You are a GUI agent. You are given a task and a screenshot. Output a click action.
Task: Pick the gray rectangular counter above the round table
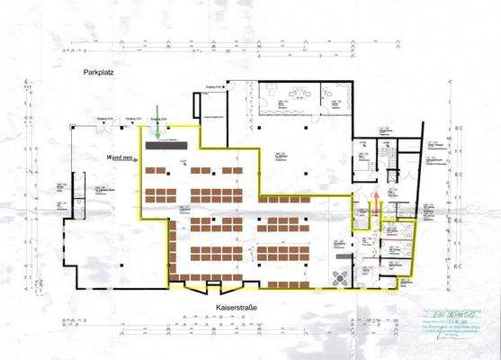click(x=341, y=257)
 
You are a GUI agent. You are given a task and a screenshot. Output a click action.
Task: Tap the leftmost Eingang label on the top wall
click(x=103, y=119)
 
